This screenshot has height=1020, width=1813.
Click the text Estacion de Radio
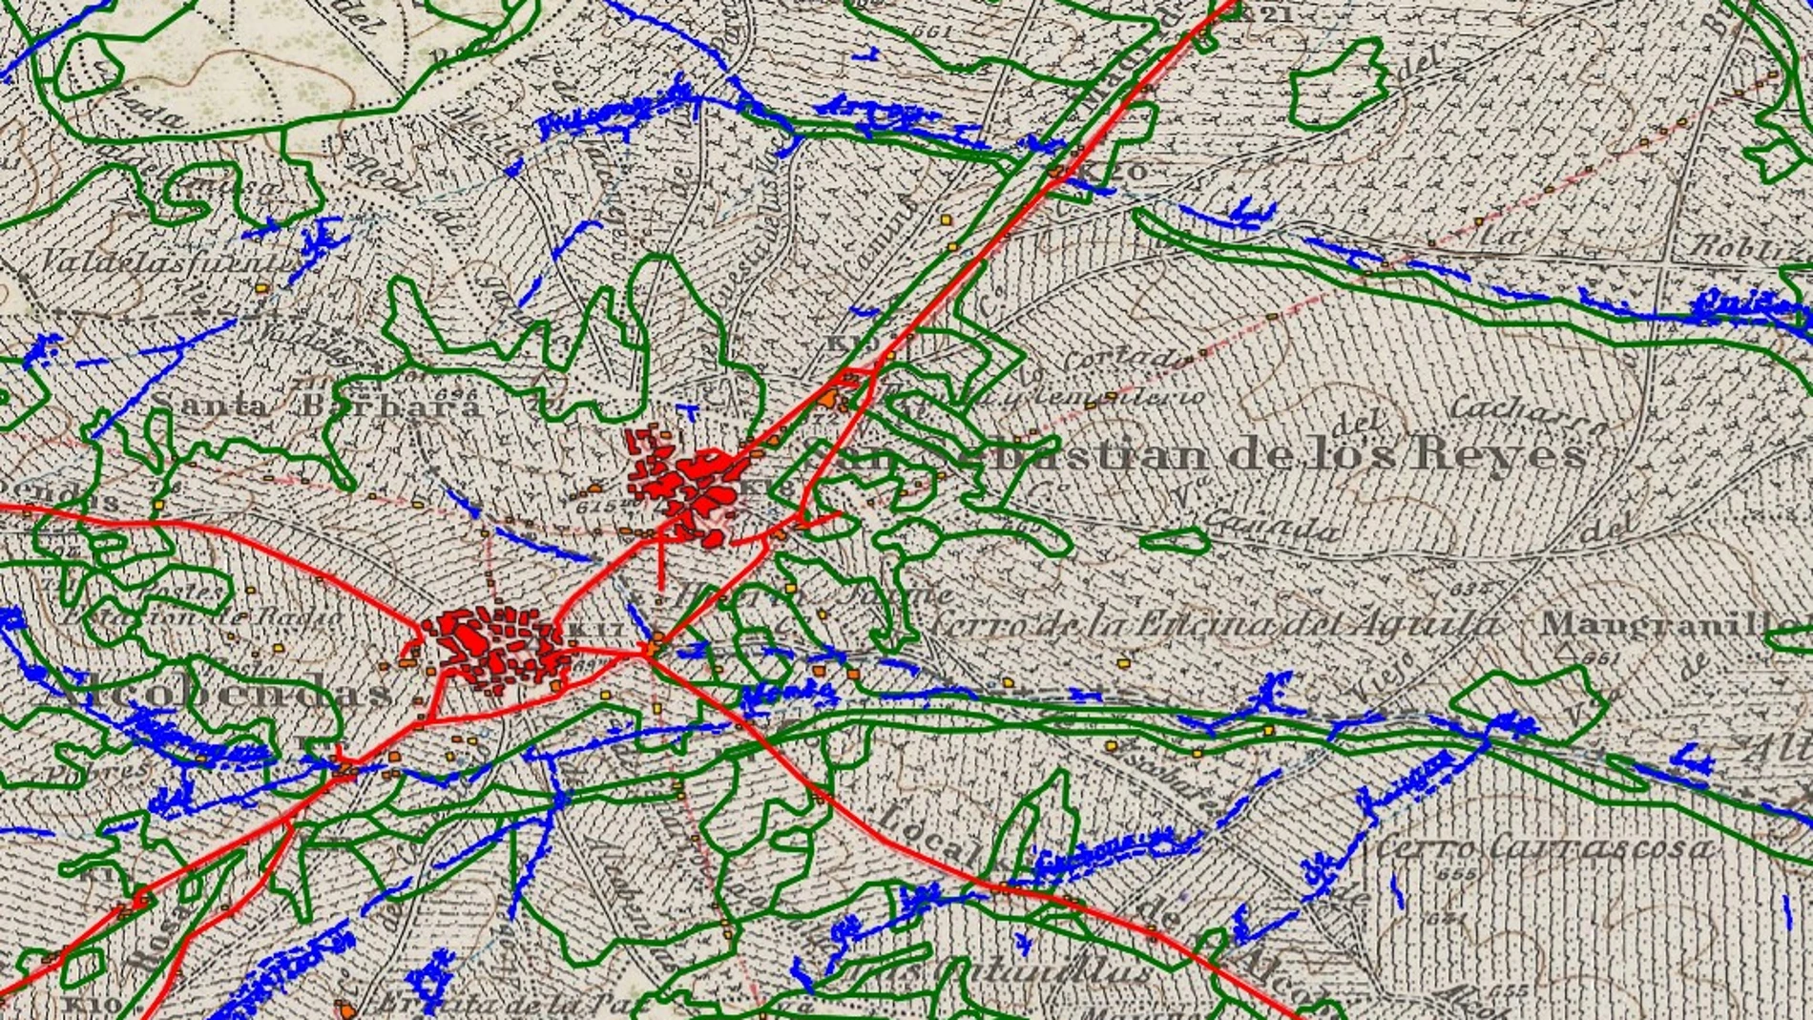tap(200, 616)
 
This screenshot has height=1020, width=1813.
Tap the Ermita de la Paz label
tap(496, 1003)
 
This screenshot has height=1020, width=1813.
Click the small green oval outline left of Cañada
tap(1175, 541)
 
